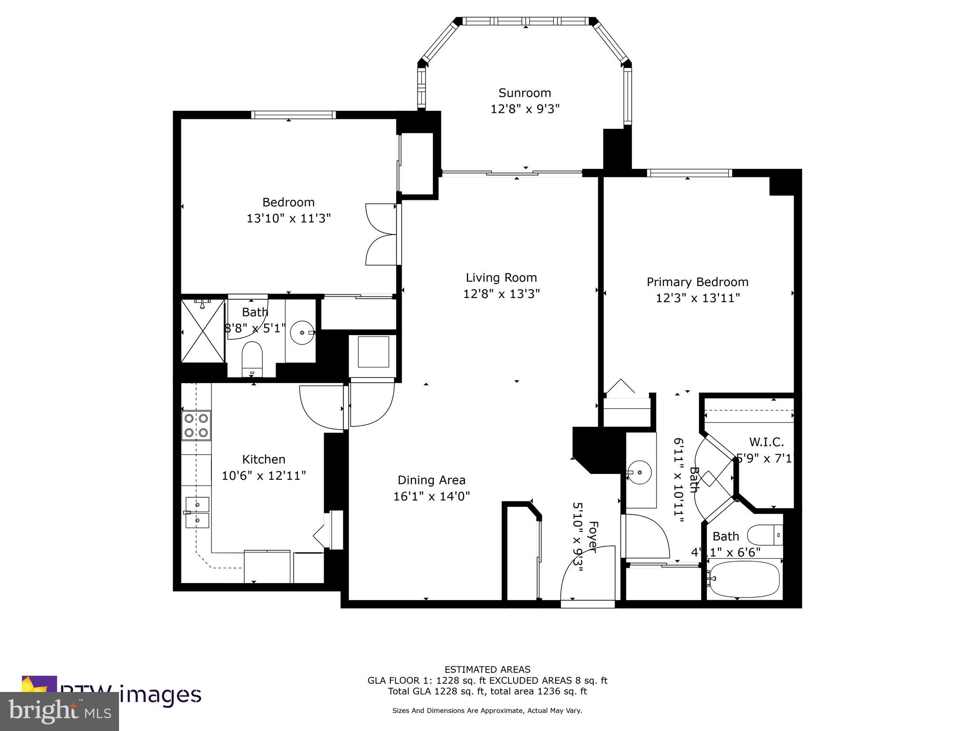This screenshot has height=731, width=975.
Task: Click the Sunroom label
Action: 524,93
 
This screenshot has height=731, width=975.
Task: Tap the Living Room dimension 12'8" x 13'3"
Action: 501,294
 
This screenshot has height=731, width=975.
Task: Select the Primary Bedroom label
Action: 697,282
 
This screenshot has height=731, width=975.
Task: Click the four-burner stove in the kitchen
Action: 196,425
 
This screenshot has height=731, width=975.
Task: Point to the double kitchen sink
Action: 197,513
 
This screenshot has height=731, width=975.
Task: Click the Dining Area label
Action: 431,480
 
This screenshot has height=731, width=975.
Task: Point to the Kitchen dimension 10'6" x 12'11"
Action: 263,475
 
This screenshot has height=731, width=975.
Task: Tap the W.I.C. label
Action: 766,442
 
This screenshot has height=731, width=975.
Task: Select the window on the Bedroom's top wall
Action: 293,115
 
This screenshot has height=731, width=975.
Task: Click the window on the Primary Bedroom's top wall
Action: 689,173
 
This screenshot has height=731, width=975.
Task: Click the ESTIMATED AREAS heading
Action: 487,670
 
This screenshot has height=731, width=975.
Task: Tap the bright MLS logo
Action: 60,711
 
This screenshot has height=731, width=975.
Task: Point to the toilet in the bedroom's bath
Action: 252,356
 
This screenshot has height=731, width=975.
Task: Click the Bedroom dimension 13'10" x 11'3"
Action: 288,218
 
